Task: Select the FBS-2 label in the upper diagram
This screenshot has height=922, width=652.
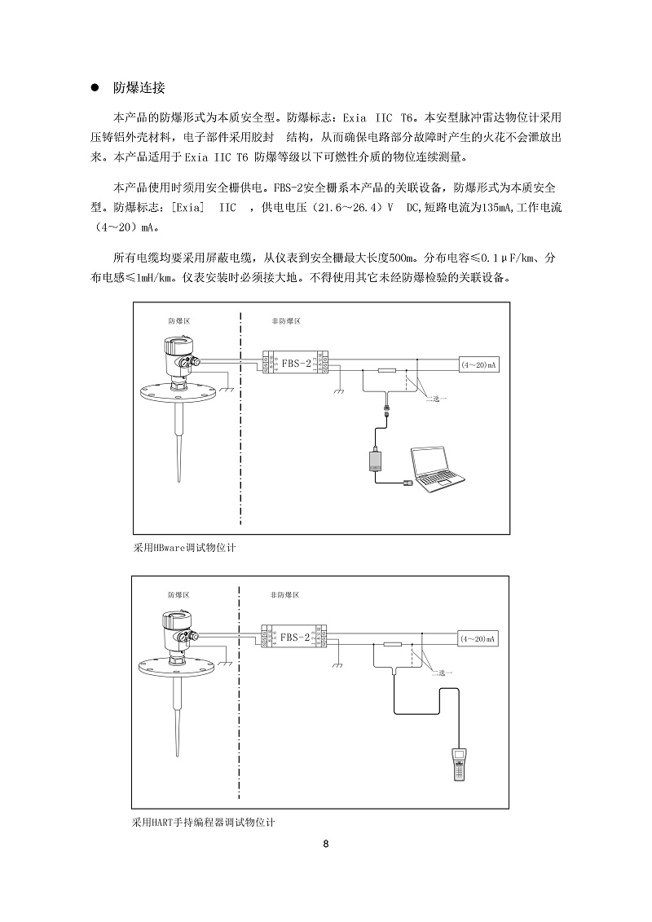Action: (295, 362)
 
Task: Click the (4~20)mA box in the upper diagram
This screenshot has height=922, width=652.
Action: (478, 366)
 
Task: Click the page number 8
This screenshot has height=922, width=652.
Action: (326, 844)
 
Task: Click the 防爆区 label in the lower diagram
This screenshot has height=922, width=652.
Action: (179, 596)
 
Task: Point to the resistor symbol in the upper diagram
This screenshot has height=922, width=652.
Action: (389, 371)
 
